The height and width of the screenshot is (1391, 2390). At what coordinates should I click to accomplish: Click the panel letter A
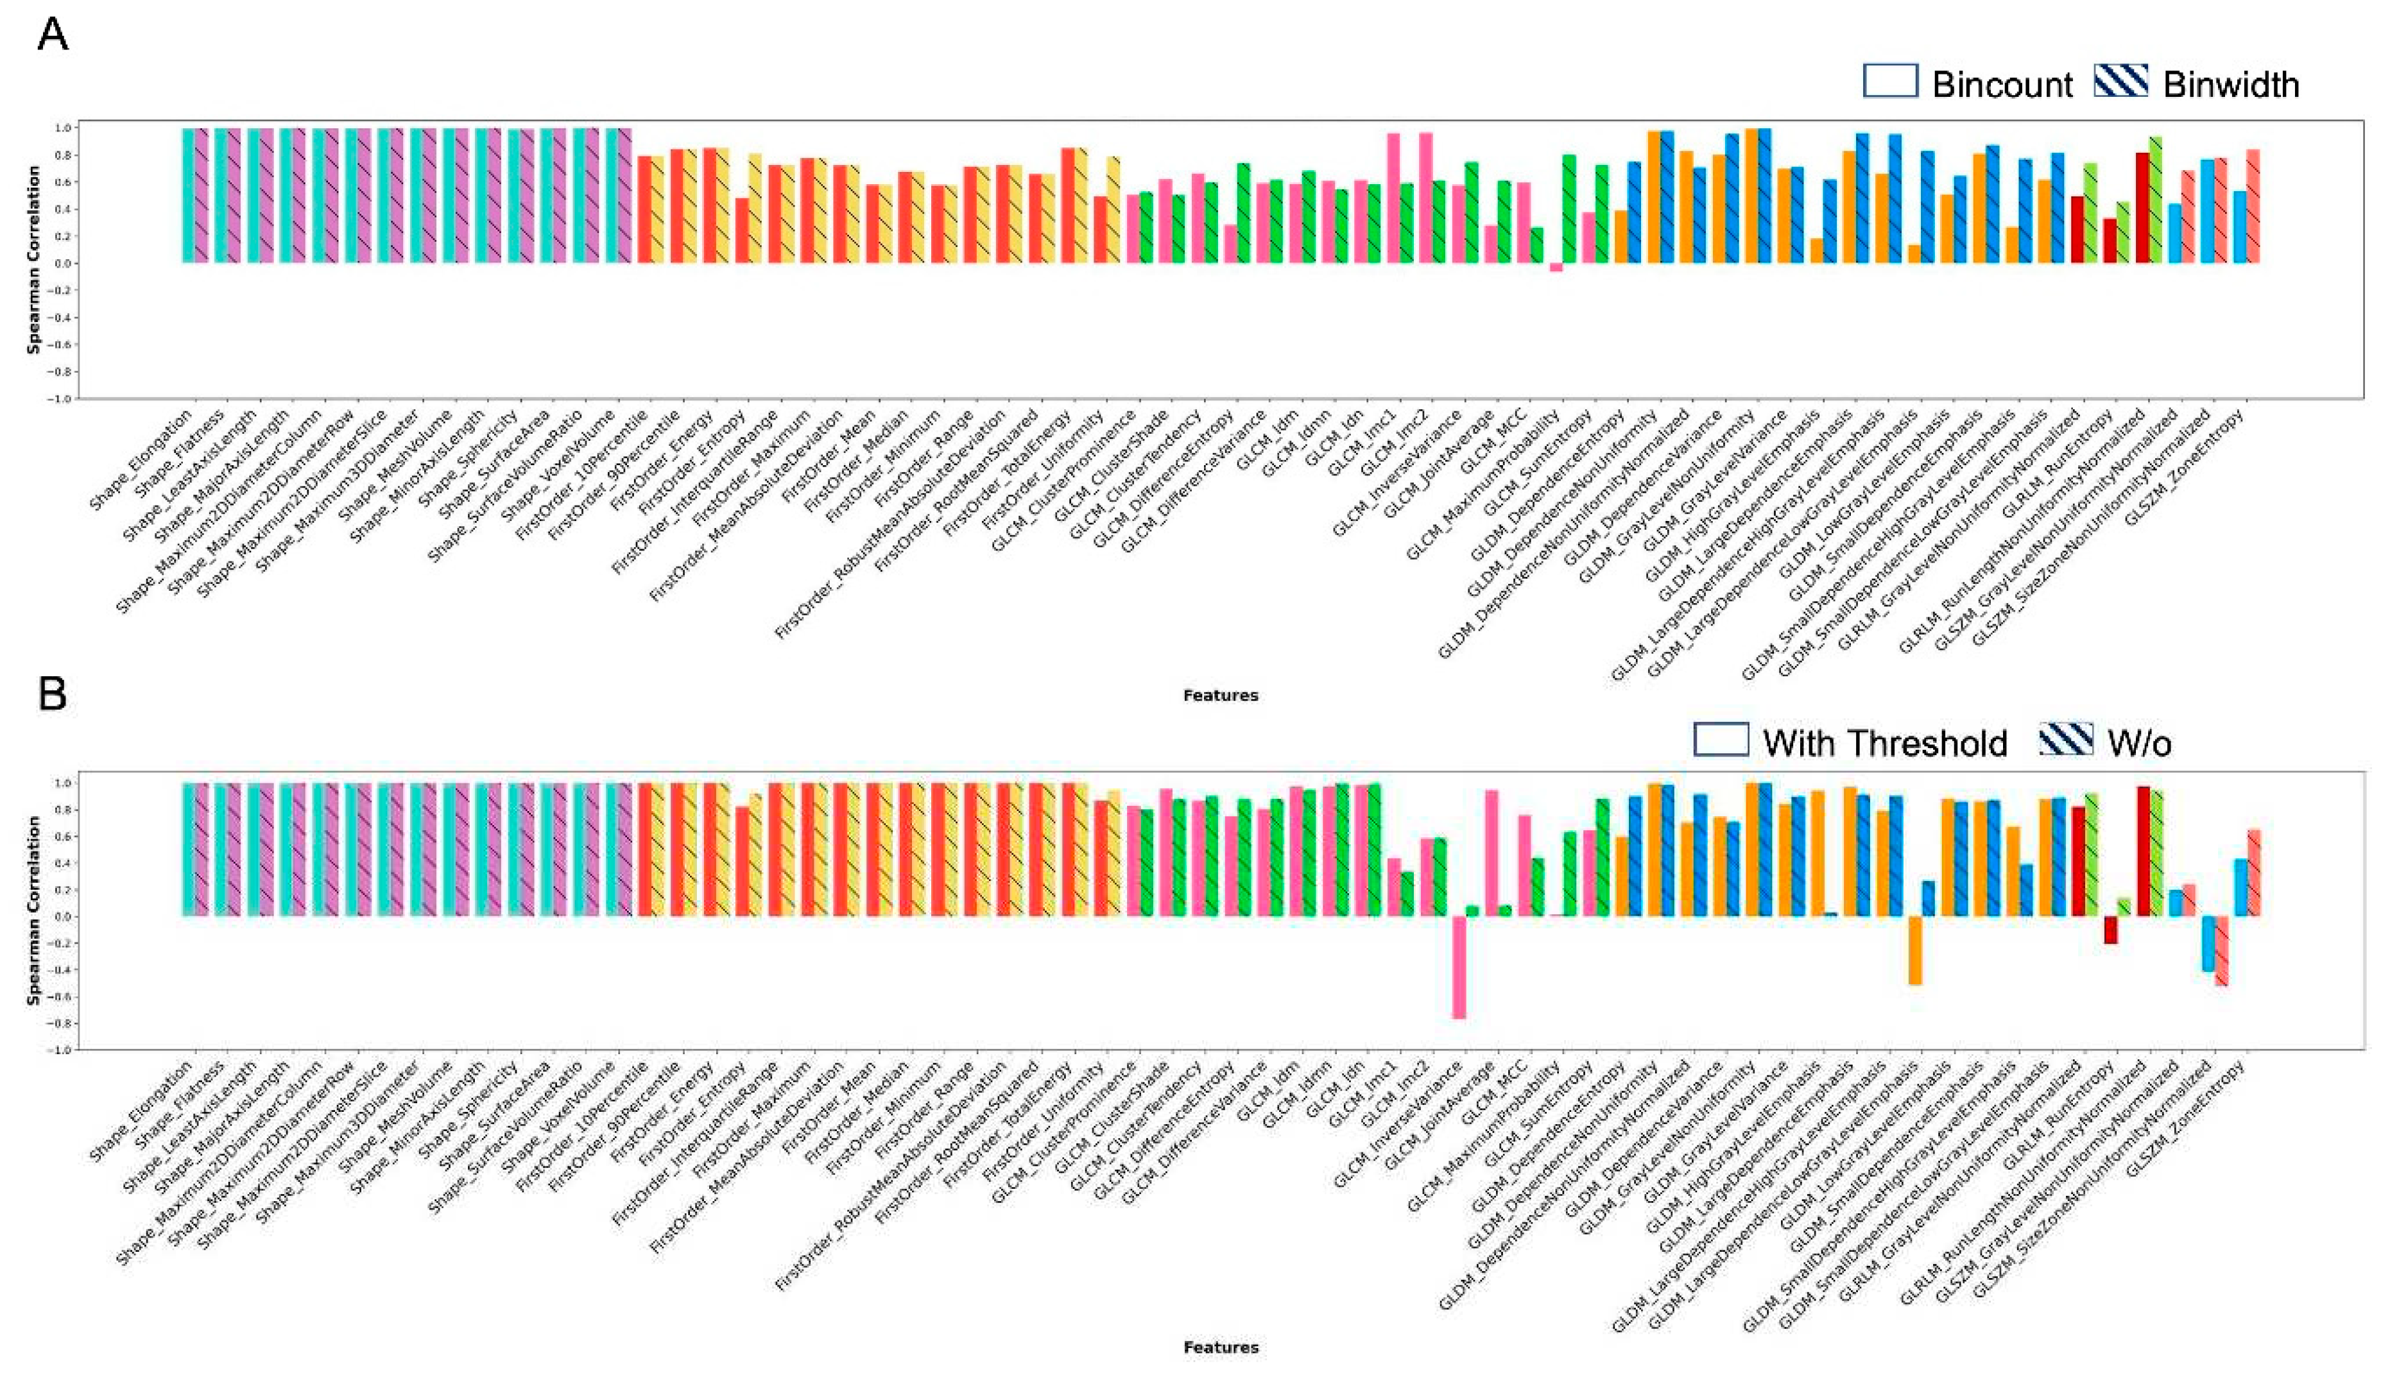coord(52,35)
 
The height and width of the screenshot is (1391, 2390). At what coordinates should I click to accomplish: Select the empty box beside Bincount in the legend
coord(1890,81)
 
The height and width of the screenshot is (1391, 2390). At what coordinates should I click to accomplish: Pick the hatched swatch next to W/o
coord(2067,740)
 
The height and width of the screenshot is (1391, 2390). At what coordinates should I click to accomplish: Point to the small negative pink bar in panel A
coord(1556,268)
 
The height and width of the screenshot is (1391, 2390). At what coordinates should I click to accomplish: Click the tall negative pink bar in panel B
coord(1459,966)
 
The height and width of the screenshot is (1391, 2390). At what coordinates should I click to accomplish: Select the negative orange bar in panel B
coord(1915,950)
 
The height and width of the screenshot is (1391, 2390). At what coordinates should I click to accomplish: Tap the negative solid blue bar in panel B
coord(2208,943)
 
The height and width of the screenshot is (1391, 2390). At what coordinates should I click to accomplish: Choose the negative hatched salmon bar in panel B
coord(2221,951)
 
